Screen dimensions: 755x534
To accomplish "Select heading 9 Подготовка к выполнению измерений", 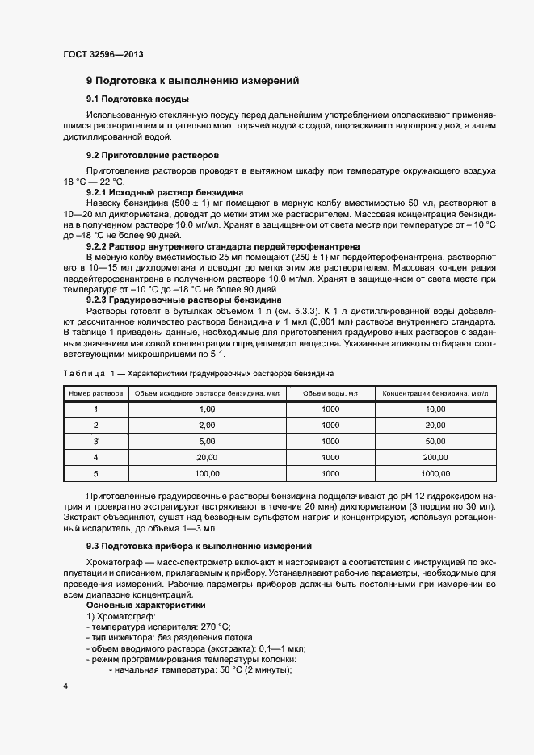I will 193,81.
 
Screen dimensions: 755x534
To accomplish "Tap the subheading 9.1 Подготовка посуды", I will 137,99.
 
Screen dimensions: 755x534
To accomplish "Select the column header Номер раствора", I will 95,393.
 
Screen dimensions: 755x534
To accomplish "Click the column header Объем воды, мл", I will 330,393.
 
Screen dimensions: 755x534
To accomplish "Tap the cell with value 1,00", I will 207,409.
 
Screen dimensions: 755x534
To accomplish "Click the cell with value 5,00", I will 207,442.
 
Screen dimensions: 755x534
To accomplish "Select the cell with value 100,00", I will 207,473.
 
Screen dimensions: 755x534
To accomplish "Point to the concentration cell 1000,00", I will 435,473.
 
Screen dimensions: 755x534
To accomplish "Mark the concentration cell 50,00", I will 435,442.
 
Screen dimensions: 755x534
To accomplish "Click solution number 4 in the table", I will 95,457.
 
